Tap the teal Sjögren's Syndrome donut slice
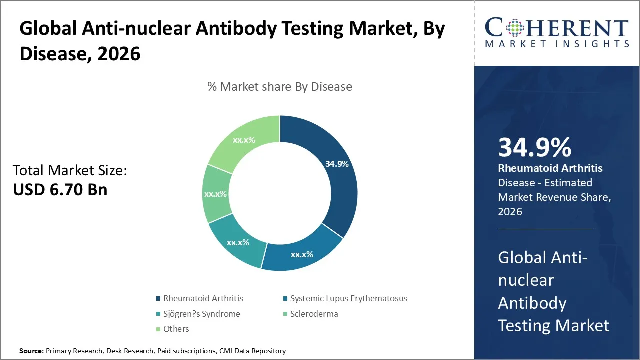237,242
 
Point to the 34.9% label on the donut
337,164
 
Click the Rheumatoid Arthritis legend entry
203,298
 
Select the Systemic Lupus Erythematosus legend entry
348,298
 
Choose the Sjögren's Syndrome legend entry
201,314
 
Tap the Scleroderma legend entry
314,314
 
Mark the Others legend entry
176,329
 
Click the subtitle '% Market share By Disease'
280,87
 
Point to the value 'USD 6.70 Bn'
60,190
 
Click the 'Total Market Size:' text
70,171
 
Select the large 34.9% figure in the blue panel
534,148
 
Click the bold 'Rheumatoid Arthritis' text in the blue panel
550,168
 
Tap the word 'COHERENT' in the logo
556,28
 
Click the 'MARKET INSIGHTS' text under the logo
556,44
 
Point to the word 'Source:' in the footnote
31,351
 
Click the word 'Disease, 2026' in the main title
80,54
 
